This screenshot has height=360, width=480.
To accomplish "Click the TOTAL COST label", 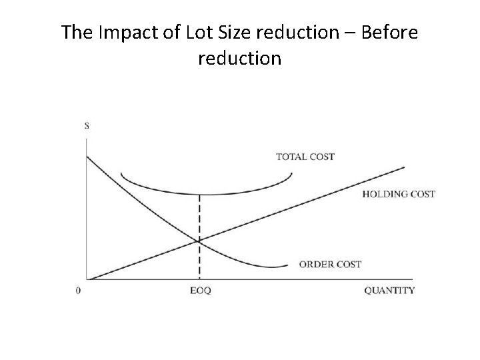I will point(305,157).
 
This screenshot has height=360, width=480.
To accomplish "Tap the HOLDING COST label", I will point(399,194).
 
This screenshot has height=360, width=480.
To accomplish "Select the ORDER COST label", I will point(330,264).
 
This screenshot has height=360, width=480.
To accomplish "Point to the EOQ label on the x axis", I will point(199,290).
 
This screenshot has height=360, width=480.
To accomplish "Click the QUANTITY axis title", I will point(389,290).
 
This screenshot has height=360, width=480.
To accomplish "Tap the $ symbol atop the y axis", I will point(87,125).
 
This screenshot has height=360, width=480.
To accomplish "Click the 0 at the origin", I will point(79,290).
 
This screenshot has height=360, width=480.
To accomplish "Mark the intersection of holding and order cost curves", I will point(199,241).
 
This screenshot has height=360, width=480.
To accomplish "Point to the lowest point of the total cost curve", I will point(199,194).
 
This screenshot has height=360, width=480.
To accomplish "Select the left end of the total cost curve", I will point(121,174).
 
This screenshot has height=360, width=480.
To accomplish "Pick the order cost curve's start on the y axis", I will point(87,156).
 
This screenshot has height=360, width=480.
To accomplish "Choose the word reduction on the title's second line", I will point(240,59).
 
